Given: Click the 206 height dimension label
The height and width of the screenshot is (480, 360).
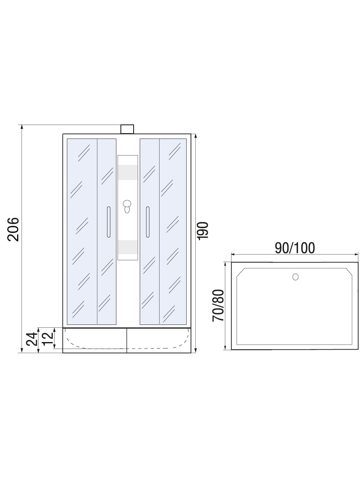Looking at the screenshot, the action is pyautogui.click(x=14, y=229).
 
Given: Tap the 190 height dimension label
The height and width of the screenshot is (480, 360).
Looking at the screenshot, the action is pyautogui.click(x=203, y=231).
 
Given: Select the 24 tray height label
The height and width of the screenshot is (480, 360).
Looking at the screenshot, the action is pyautogui.click(x=32, y=339).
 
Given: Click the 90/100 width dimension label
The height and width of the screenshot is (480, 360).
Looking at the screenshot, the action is pyautogui.click(x=295, y=248).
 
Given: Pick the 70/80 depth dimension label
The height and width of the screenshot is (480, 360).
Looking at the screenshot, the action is pyautogui.click(x=218, y=305).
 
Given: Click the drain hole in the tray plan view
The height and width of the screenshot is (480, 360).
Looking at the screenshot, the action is pyautogui.click(x=295, y=277).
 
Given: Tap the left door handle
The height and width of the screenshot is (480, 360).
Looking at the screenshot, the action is pyautogui.click(x=108, y=222).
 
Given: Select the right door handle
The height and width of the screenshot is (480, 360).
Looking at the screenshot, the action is pyautogui.click(x=148, y=222).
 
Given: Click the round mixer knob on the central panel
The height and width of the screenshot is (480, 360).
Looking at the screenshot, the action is pyautogui.click(x=127, y=204).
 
